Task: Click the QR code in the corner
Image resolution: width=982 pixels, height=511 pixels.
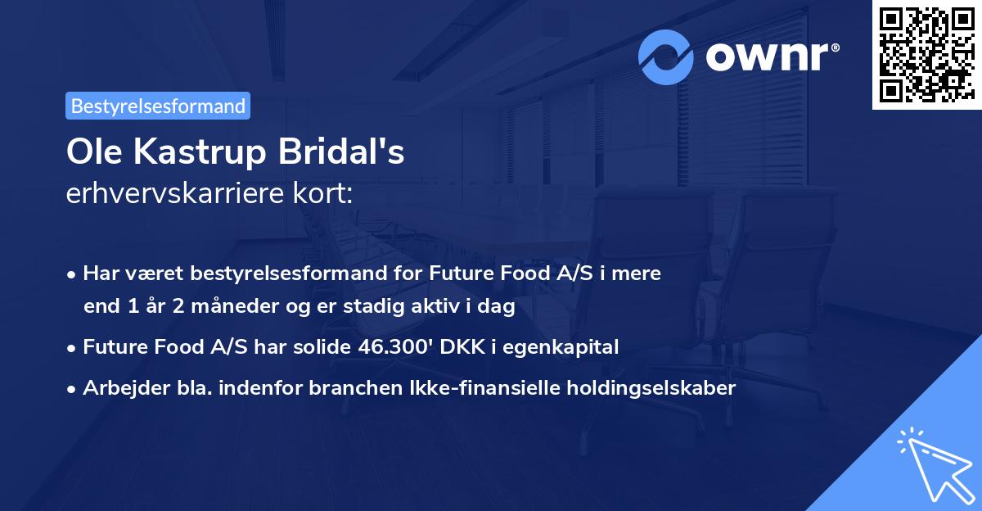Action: (926, 55)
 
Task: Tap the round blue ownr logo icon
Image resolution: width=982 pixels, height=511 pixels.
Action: (666, 57)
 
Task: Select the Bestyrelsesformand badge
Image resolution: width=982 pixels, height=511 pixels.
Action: (158, 106)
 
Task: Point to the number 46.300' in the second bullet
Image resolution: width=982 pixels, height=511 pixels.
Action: (391, 347)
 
